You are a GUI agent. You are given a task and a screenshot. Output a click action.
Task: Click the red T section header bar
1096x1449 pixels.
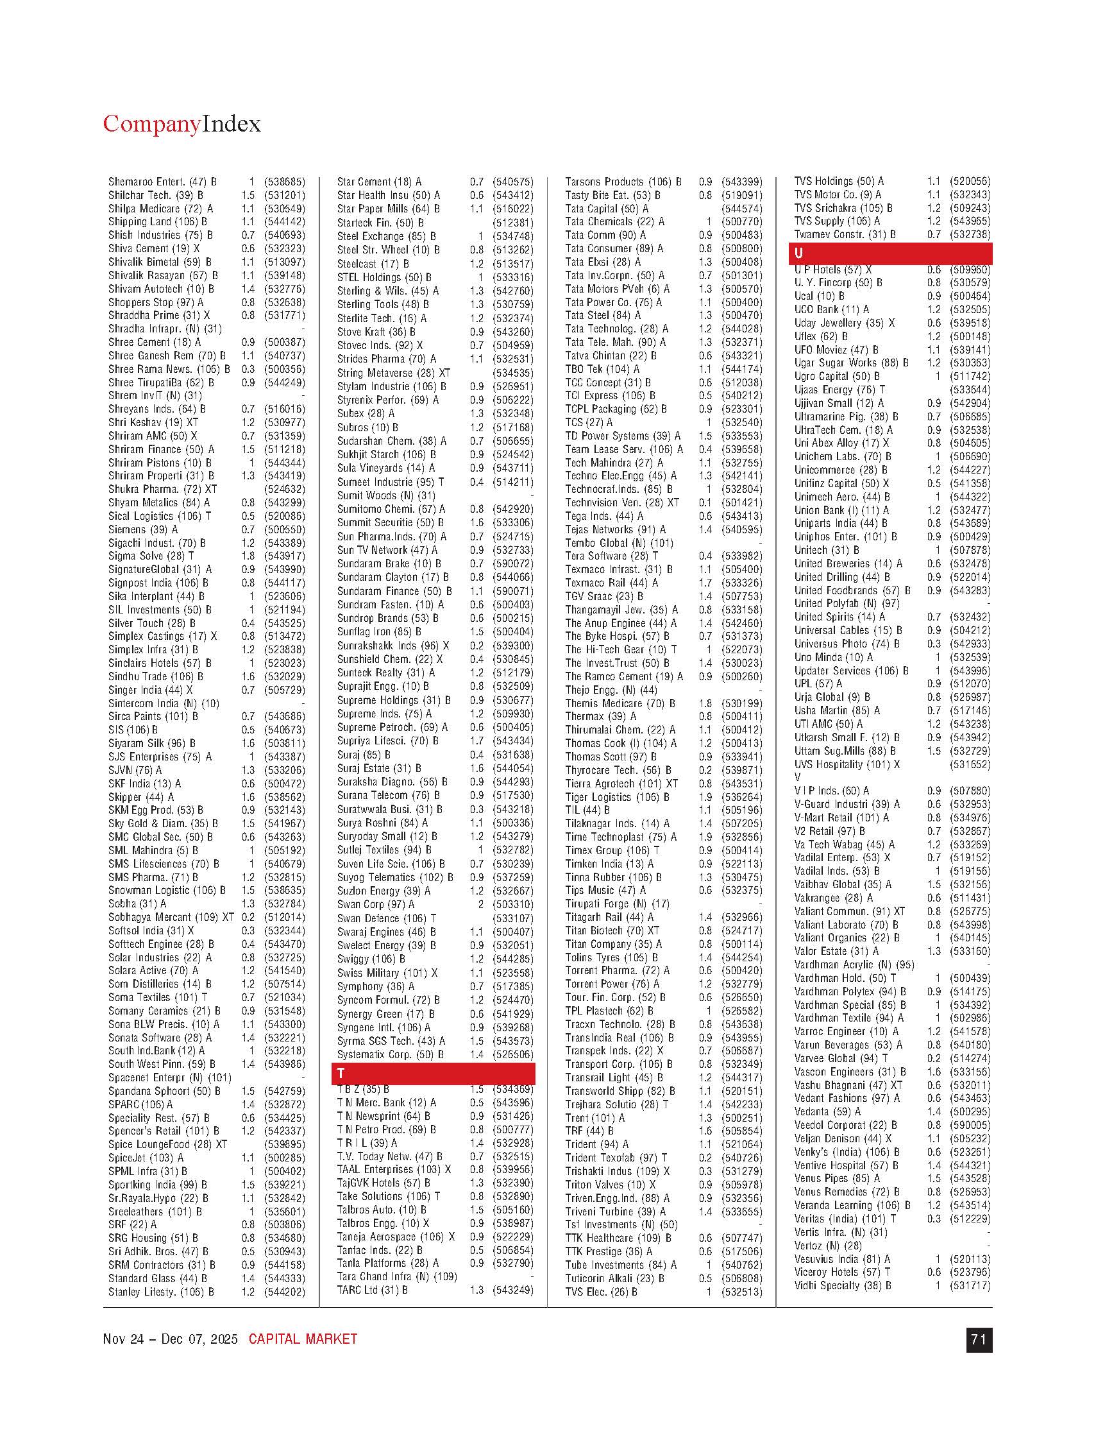(x=434, y=1073)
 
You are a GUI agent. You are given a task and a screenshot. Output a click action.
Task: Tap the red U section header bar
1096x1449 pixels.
(x=890, y=253)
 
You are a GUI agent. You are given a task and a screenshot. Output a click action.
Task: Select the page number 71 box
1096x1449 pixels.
(x=979, y=1340)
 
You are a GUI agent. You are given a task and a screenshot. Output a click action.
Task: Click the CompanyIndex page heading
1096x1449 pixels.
(x=181, y=124)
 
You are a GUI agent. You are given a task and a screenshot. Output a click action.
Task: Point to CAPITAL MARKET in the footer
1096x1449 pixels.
(x=303, y=1339)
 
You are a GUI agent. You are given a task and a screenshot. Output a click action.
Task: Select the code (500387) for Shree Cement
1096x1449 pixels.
(x=284, y=342)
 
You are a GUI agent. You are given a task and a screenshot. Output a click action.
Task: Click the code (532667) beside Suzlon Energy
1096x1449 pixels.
(x=512, y=891)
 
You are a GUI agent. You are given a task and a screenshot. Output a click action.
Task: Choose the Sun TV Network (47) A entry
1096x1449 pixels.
(x=387, y=550)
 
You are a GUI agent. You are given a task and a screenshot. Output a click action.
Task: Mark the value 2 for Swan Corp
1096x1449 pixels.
(x=480, y=905)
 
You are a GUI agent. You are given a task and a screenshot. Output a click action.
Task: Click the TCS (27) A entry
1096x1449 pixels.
(x=589, y=422)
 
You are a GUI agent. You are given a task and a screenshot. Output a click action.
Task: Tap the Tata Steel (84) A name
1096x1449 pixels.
(x=603, y=315)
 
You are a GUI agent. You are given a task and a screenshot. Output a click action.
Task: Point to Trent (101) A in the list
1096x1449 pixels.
(x=595, y=1117)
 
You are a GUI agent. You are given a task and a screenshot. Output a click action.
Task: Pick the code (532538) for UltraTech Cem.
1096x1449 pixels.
(x=970, y=430)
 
